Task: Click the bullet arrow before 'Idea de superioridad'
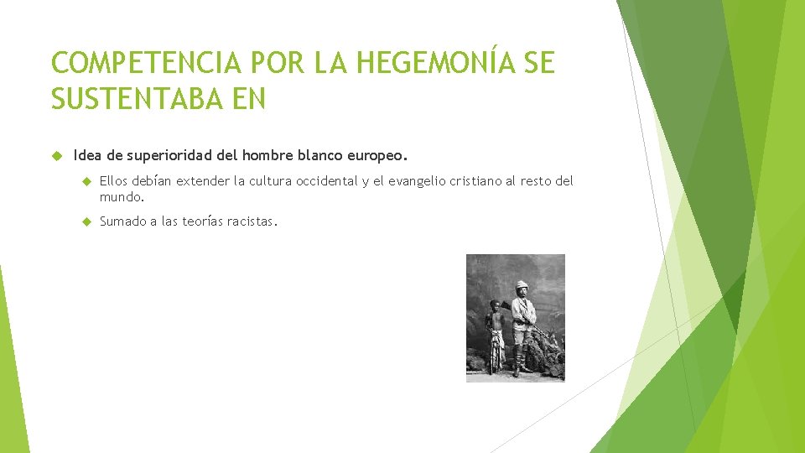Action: pyautogui.click(x=56, y=155)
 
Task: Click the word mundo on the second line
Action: pyautogui.click(x=121, y=198)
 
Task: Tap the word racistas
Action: pyautogui.click(x=252, y=222)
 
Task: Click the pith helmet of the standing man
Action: pyautogui.click(x=522, y=285)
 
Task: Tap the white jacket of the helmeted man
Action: pyautogui.click(x=523, y=312)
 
